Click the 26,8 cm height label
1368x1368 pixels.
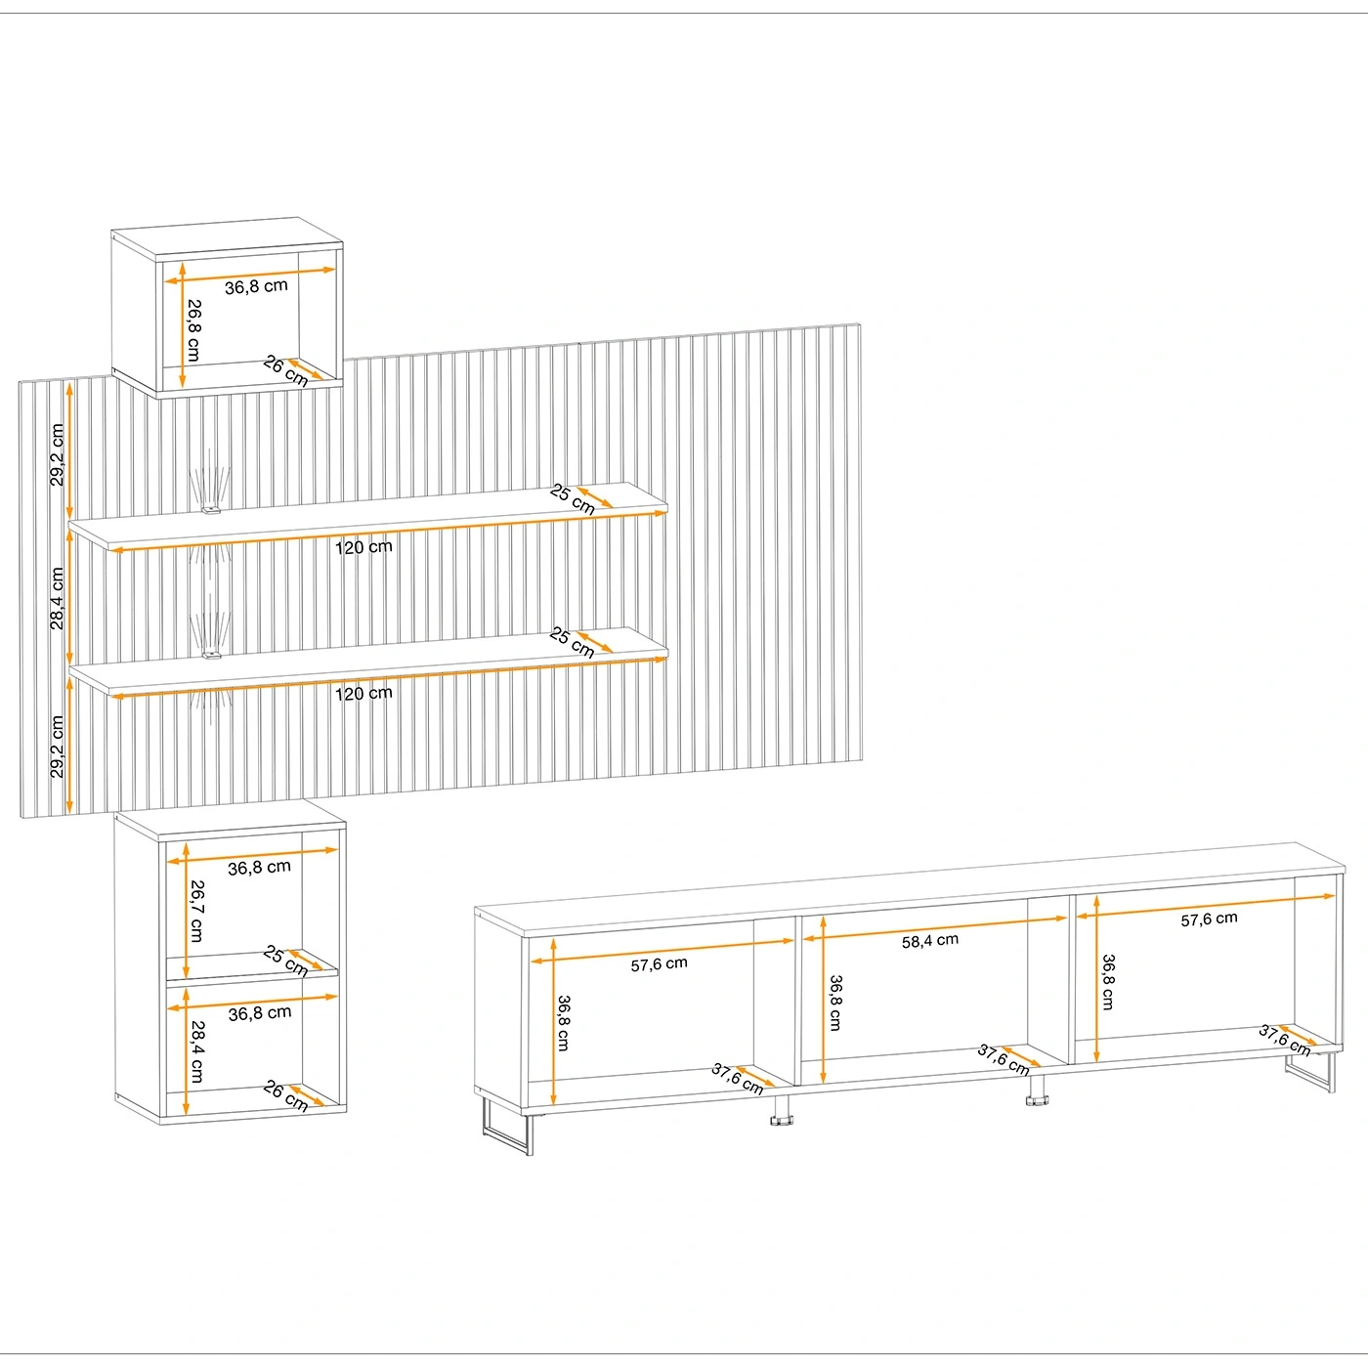tap(193, 329)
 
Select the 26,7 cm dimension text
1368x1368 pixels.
tap(196, 911)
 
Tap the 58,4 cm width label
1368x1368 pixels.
tap(930, 941)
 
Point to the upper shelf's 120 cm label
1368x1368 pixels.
tap(363, 547)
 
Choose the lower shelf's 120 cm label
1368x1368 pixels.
tap(363, 693)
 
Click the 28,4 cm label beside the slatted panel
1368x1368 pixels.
tap(57, 598)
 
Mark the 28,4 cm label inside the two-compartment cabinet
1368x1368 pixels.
tap(196, 1051)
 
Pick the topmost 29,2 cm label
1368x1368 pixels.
tap(57, 454)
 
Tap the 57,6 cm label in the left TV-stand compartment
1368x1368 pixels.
tap(659, 964)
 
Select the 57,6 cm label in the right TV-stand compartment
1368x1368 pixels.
tap(1209, 919)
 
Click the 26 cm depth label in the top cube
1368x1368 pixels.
tap(285, 371)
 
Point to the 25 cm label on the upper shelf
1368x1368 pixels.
tap(572, 499)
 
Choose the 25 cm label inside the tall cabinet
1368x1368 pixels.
tap(285, 961)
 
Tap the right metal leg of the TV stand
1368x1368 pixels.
tap(1310, 1073)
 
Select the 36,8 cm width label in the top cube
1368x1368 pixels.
tap(256, 287)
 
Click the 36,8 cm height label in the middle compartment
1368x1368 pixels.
tap(834, 1004)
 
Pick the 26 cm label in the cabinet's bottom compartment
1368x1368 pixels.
tap(285, 1096)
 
